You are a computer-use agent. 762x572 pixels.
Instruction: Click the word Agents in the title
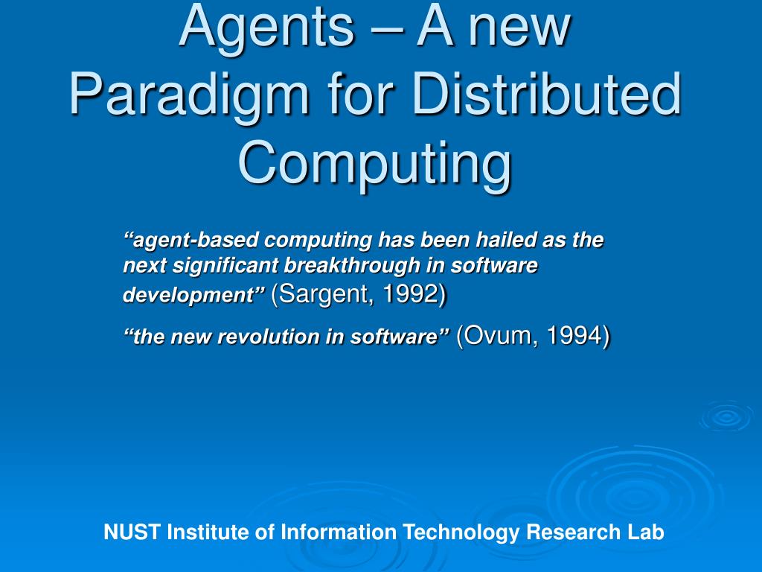coord(266,26)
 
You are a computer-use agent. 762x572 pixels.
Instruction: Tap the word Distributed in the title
coord(551,95)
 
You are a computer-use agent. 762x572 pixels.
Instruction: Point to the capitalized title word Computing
coord(375,164)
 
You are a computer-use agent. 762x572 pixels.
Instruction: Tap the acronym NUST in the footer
coord(132,533)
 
